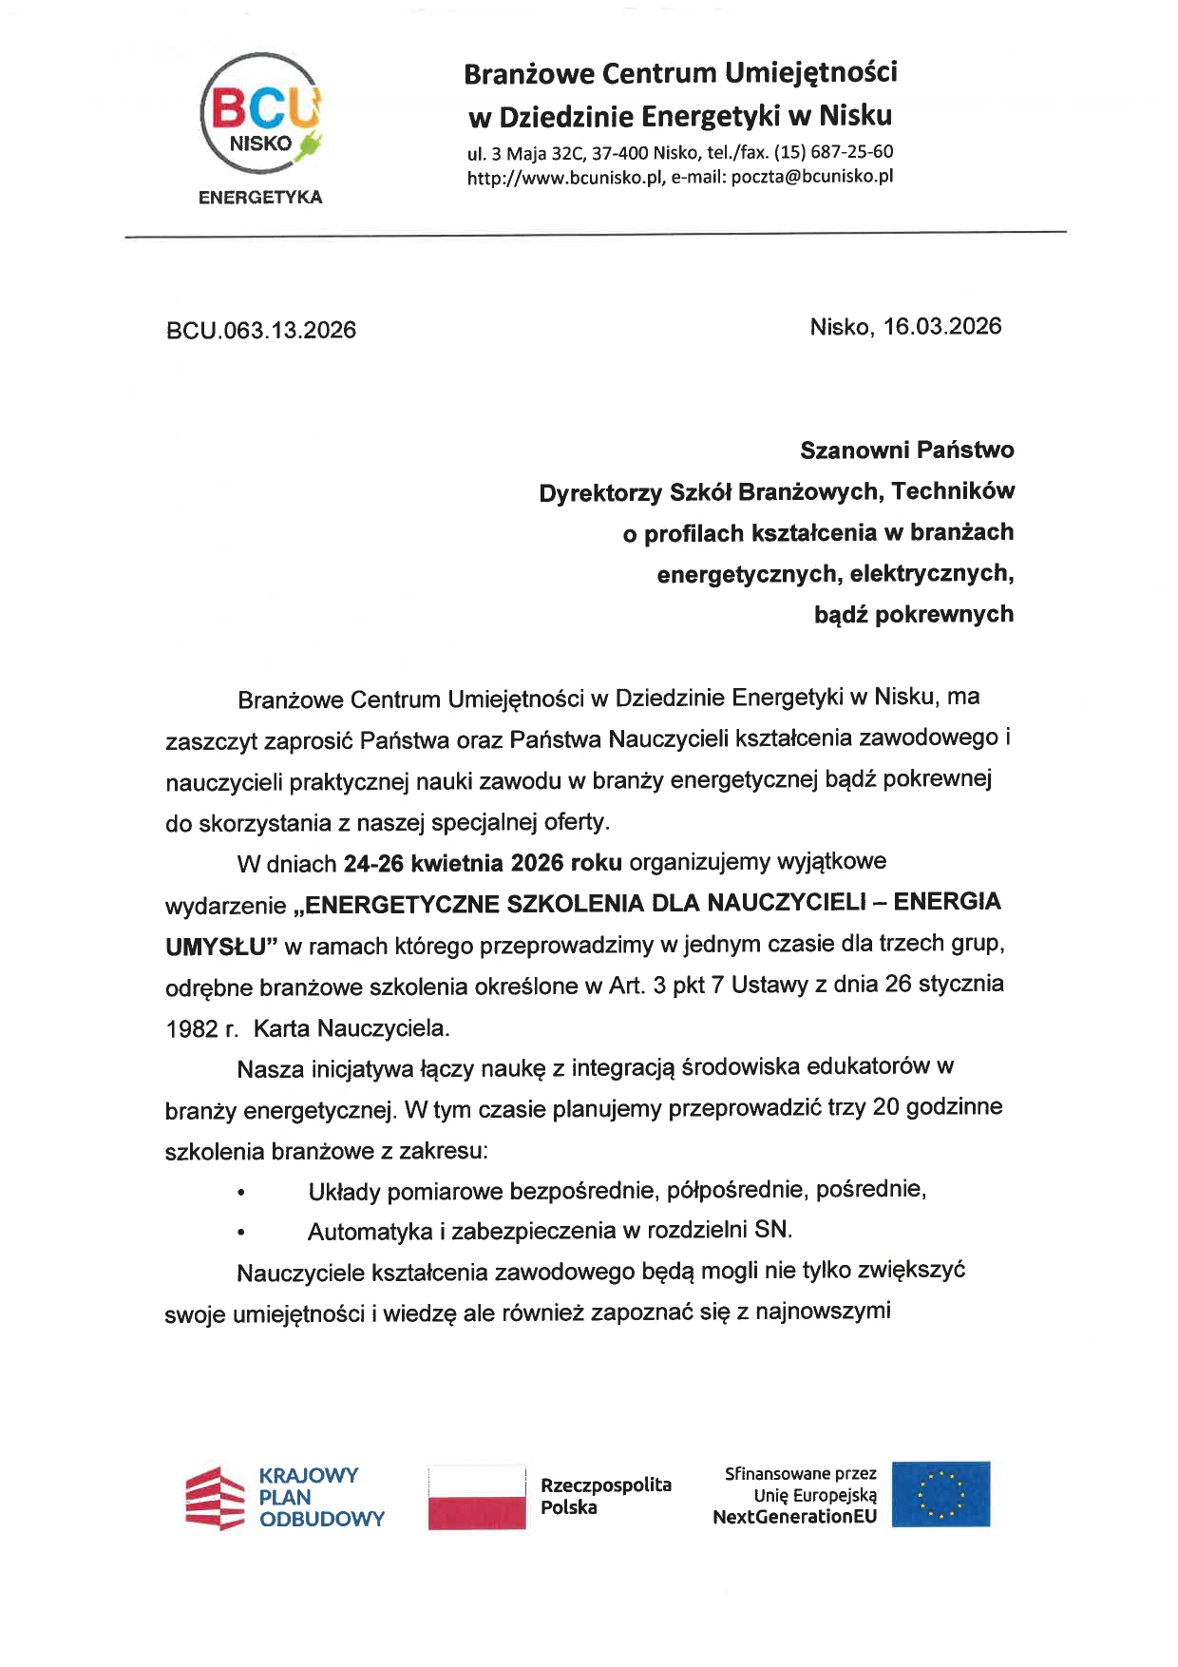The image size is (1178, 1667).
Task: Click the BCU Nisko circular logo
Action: [260, 114]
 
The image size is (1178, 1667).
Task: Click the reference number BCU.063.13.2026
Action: [261, 331]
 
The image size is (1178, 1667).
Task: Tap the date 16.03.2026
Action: [941, 327]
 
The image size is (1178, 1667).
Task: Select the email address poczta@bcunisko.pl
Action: [812, 176]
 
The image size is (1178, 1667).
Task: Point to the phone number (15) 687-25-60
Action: [833, 152]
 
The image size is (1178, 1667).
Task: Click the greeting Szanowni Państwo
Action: [906, 450]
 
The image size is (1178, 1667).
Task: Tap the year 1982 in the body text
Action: [191, 1029]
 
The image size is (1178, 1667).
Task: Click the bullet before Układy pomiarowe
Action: [241, 1192]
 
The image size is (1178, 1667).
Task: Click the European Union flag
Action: [940, 1494]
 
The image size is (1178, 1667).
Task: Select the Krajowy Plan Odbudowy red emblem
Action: [215, 1498]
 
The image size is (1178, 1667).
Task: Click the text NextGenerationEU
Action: [794, 1517]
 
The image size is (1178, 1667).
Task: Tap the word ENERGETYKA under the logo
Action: [260, 198]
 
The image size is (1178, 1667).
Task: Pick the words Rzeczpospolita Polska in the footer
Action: [605, 1496]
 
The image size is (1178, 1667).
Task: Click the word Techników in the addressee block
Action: [953, 491]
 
